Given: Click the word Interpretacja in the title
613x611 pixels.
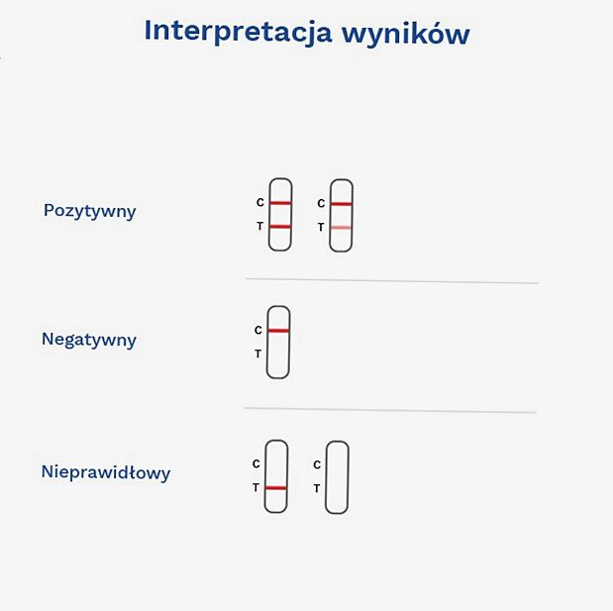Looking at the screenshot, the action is pos(238,32).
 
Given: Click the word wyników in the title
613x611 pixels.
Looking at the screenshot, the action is pos(406,33).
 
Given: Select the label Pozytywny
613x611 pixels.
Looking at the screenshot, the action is pos(90,212).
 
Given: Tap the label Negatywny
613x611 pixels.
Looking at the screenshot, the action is pos(89,340).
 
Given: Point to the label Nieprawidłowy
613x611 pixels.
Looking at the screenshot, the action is pos(106,472).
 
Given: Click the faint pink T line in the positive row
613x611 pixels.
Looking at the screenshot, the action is pos(341,228).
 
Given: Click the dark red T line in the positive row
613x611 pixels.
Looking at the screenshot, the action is pos(280,227).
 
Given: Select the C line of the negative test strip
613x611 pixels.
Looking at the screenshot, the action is pos(278,331).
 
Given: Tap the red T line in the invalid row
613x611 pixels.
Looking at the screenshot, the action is pos(275,488).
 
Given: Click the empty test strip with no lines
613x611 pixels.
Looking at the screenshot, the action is pos(326,477).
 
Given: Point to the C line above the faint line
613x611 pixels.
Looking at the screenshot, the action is pos(342,204).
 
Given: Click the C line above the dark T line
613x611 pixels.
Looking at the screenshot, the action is pos(280,203).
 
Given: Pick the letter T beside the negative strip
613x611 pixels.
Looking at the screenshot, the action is pos(258,354).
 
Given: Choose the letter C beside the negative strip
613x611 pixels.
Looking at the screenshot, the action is pos(258,331).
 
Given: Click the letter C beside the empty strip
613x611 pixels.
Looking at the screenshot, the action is pos(317,464).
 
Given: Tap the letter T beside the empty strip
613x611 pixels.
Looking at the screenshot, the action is pos(317,488).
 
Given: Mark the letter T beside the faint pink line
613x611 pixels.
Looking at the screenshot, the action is pos(321,227).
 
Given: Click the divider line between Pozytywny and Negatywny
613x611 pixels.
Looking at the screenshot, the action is pos(392,280).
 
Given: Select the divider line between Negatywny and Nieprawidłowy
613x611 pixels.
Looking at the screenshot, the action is pos(390,410).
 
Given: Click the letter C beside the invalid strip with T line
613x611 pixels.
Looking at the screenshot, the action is pos(256,463).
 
